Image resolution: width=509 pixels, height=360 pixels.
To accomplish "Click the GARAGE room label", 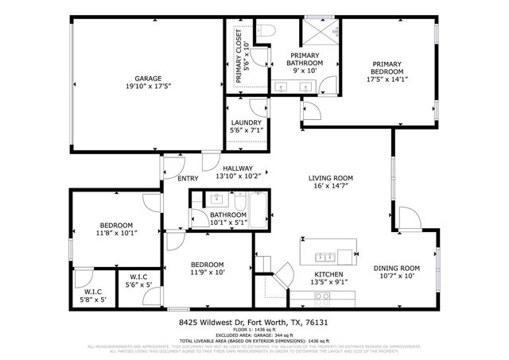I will point(148,78).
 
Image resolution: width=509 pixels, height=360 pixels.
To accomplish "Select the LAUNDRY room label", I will point(246,122).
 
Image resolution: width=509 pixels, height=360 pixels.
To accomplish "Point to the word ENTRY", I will point(188,178).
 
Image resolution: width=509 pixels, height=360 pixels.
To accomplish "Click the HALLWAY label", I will point(237,168).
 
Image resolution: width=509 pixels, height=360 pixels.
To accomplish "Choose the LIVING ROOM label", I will point(331,178).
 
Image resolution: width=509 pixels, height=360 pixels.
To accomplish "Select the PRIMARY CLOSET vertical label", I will point(239,57).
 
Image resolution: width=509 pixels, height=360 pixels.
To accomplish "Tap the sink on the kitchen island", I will point(324,256).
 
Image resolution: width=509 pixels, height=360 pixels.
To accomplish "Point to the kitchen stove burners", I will point(323,297).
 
